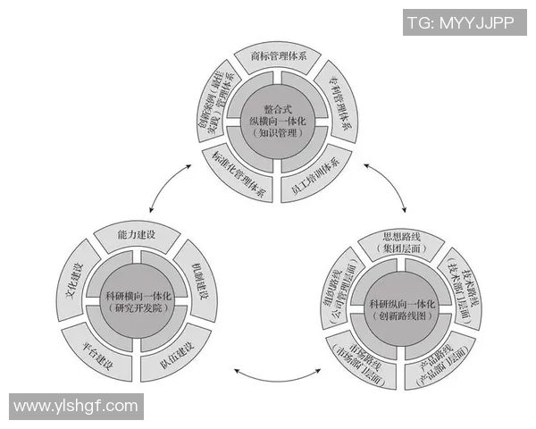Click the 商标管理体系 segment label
point(279,55)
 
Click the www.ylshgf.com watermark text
point(78,406)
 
